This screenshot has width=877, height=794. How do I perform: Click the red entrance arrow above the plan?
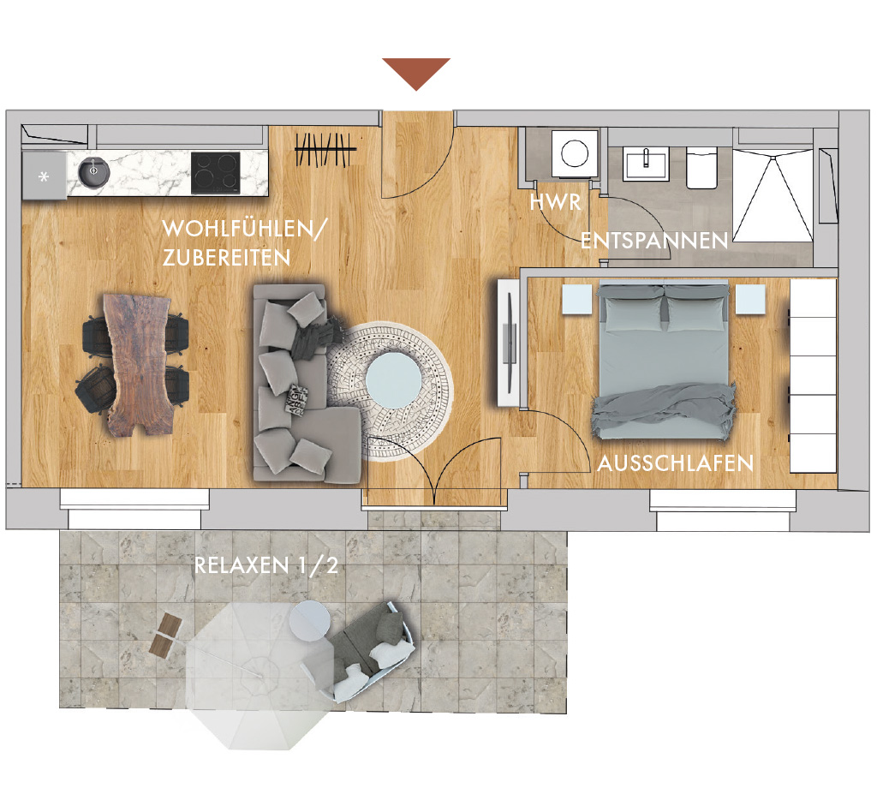coord(416,71)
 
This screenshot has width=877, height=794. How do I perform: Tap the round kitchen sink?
coord(93,172)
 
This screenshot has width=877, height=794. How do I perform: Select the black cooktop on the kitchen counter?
coord(215,173)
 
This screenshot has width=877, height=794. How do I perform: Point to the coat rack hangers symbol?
coord(325,150)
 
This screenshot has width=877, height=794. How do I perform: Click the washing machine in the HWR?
coord(575,154)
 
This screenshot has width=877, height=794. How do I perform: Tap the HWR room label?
coord(555,202)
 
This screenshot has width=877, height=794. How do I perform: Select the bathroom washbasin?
coord(647,164)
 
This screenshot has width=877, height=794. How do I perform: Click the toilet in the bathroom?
coord(701,168)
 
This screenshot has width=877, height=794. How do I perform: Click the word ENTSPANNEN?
coord(653,241)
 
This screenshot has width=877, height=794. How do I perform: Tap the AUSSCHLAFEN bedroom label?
coord(675,463)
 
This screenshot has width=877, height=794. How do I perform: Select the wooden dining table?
coord(138,365)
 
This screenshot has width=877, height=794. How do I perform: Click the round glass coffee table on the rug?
coord(394,380)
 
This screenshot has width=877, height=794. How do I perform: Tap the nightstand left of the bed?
coord(576,300)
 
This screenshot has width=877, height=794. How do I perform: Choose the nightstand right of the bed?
coord(750,300)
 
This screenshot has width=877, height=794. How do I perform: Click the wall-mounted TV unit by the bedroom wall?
coord(509,342)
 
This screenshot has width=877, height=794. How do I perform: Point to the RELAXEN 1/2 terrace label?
coord(265,565)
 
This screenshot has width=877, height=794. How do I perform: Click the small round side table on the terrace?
coord(309,620)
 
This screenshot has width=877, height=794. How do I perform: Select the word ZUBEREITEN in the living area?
coord(226,258)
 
